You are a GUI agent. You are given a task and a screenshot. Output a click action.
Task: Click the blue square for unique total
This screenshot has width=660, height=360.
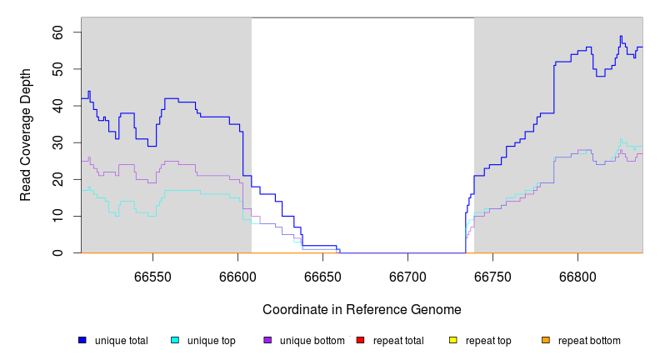(82, 340)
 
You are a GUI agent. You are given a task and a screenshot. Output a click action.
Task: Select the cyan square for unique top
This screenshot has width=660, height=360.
(175, 340)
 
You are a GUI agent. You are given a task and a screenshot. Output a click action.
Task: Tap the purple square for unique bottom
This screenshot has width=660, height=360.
(267, 340)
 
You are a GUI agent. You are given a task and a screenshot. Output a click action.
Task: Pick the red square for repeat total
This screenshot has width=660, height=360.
(360, 340)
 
